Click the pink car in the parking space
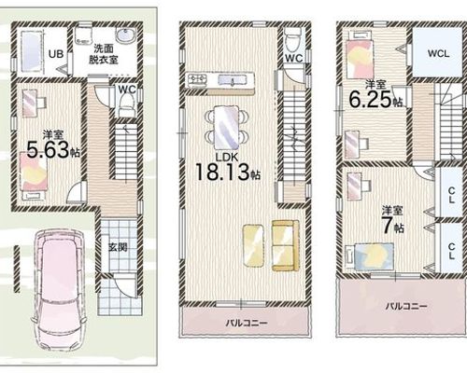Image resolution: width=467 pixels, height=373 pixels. click(x=59, y=291)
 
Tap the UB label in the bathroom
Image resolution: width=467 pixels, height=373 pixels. click(x=56, y=54)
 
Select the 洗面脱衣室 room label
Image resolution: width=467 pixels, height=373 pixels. click(x=104, y=54)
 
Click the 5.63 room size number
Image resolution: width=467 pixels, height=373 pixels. click(x=48, y=150)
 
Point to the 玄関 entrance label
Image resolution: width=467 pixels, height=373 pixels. click(x=118, y=247)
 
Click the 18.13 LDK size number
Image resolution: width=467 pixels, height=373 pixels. click(x=222, y=172)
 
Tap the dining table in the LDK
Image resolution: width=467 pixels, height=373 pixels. click(x=227, y=128)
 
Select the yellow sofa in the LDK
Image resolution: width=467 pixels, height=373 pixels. click(x=286, y=245)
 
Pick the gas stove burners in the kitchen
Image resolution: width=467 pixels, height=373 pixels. click(x=197, y=80)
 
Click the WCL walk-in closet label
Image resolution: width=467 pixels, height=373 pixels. click(x=438, y=53)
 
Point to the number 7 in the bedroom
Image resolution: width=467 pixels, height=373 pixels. click(x=388, y=227)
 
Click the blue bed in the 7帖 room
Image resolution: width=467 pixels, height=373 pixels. click(x=370, y=256)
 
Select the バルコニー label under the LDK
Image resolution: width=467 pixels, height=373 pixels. click(x=247, y=323)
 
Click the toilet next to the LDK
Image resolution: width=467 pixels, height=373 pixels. click(x=293, y=40)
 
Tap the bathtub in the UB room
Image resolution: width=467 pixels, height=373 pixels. click(x=30, y=51)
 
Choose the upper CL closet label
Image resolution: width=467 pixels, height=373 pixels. click(x=451, y=195)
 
